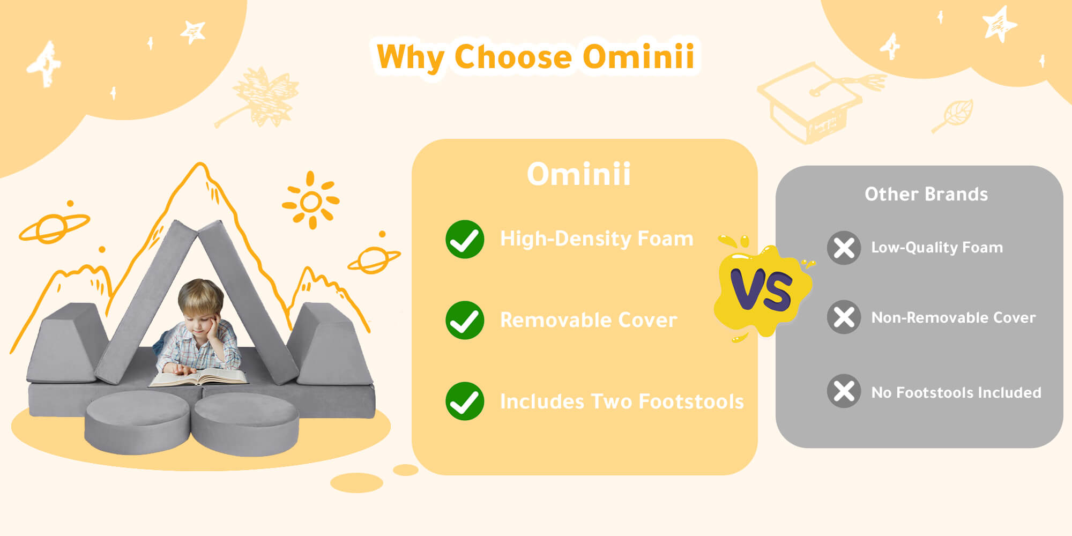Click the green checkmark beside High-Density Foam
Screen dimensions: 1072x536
click(x=465, y=239)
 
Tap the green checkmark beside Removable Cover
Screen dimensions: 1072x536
click(x=465, y=320)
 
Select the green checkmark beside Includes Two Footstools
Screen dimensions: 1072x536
click(x=465, y=401)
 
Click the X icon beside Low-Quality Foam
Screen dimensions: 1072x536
click(x=844, y=248)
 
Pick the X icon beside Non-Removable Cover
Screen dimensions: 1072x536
click(x=844, y=317)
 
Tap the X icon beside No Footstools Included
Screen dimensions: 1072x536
click(x=844, y=391)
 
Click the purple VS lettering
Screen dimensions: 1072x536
click(x=761, y=289)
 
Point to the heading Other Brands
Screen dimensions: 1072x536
click(x=926, y=194)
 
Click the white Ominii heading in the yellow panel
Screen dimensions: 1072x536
click(x=579, y=174)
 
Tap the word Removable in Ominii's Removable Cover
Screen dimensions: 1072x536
click(x=555, y=320)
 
